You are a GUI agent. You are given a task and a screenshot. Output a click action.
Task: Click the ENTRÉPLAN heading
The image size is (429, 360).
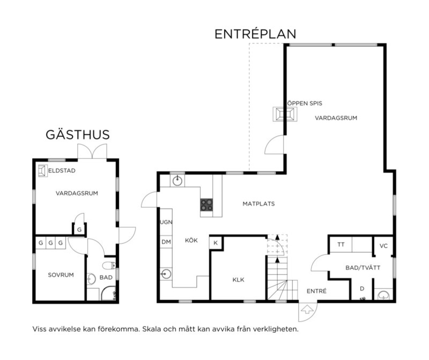255,34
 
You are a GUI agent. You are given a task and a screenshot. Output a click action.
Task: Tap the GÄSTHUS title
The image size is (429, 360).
78,135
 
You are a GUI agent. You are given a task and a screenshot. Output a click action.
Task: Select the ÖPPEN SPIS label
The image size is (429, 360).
305,103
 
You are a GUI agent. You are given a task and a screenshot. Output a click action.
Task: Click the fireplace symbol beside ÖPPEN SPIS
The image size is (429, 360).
285,114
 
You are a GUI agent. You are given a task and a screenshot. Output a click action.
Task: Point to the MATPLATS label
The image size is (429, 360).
259,204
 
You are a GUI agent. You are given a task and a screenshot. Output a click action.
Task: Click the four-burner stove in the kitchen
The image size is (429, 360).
207,205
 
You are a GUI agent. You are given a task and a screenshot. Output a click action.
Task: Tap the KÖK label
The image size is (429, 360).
191,240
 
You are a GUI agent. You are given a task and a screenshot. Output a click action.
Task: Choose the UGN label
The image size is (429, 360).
166,222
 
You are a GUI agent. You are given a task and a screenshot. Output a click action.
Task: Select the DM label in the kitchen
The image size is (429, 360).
166,242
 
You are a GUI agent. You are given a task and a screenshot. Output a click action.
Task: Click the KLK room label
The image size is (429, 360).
238,280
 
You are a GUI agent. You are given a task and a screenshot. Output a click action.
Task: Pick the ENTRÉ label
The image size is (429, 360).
316,291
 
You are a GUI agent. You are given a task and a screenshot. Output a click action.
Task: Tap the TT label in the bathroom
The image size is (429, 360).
341,245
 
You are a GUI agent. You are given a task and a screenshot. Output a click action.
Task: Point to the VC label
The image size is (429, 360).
383,246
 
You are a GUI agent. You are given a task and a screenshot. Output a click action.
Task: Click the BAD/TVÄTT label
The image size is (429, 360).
363,268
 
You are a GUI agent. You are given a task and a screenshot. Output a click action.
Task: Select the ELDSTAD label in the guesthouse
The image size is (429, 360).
61,171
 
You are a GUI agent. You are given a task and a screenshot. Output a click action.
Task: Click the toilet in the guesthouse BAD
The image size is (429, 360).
109,266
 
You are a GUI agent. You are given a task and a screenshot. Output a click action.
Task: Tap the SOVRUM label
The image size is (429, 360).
61,275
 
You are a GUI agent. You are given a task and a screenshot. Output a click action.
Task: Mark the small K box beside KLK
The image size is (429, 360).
216,243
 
